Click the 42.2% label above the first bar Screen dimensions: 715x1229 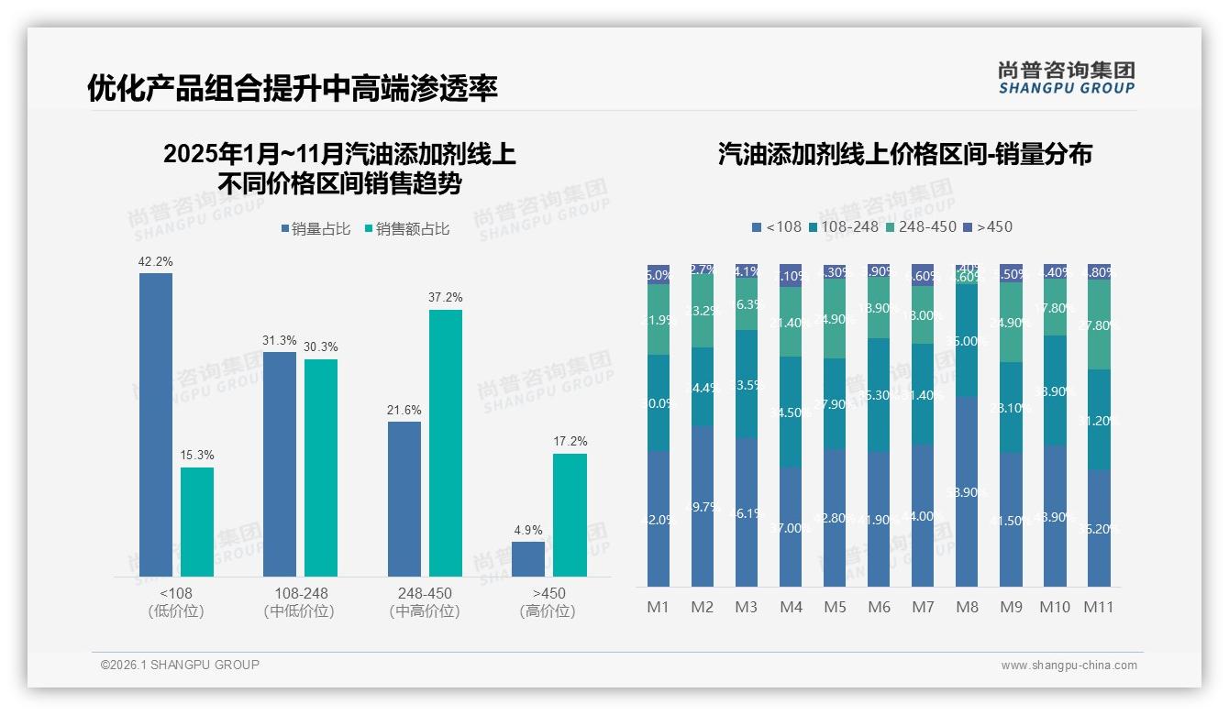[x=155, y=261]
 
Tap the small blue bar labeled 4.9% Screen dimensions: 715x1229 [x=528, y=558]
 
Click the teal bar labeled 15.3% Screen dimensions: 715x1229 [x=197, y=522]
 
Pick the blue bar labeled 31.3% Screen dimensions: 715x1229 [x=280, y=464]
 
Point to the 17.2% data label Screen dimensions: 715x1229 [x=570, y=441]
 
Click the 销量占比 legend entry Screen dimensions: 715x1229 [x=316, y=229]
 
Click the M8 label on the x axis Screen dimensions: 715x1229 [x=967, y=607]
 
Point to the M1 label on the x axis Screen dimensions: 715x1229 [x=659, y=607]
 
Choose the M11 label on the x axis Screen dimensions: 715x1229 [x=1099, y=607]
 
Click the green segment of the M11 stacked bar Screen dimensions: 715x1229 [x=1099, y=324]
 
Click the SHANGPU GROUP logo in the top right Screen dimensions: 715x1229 [x=1066, y=77]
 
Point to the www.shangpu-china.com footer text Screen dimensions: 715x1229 [x=1068, y=665]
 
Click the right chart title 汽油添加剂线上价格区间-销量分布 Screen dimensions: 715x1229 [x=904, y=154]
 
